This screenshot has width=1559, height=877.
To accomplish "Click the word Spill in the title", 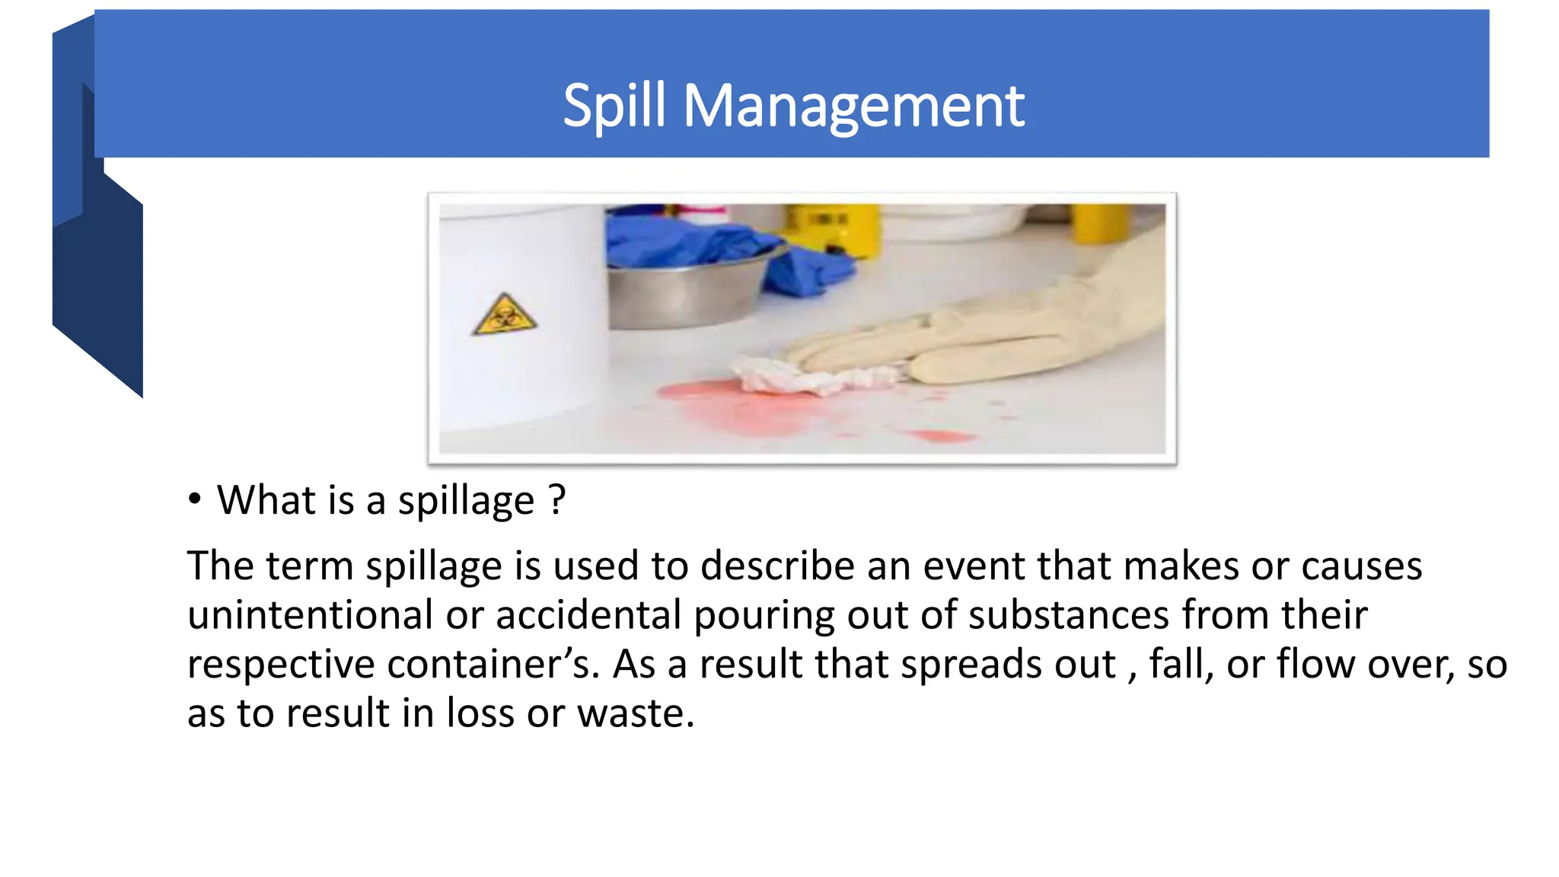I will pyautogui.click(x=614, y=106).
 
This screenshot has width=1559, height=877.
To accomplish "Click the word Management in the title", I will pyautogui.click(x=853, y=106).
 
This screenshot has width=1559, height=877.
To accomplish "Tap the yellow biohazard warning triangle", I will pyautogui.click(x=504, y=316).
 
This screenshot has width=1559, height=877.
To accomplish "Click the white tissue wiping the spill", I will pyautogui.click(x=792, y=376).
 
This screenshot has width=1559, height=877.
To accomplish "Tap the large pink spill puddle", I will pyautogui.click(x=731, y=407).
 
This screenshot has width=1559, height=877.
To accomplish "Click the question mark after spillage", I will pyautogui.click(x=557, y=500).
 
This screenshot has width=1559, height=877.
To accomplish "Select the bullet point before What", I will pyautogui.click(x=195, y=499).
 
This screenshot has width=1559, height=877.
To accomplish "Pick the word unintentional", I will pyautogui.click(x=310, y=615).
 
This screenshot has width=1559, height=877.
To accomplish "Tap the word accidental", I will pyautogui.click(x=588, y=615).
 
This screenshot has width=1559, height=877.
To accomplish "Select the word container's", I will pyautogui.click(x=494, y=664).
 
